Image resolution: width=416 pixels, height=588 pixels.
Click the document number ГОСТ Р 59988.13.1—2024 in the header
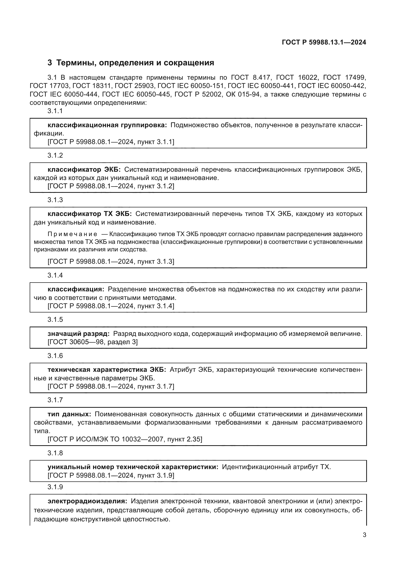[x=324, y=42]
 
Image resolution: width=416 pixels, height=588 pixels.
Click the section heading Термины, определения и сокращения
[x=135, y=63]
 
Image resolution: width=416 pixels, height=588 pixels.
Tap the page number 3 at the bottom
[x=364, y=535]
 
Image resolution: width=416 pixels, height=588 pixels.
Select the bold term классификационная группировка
[x=107, y=125]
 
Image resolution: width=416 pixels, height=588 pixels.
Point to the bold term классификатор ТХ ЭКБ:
[x=90, y=214]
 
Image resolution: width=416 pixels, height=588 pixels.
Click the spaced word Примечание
[x=72, y=234]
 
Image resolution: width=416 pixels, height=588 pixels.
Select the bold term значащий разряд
[x=78, y=334]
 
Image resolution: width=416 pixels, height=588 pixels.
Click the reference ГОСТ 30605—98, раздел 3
[x=93, y=342]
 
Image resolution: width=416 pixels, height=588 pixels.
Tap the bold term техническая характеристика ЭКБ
[x=107, y=370]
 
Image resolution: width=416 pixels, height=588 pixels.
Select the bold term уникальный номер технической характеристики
[x=133, y=467]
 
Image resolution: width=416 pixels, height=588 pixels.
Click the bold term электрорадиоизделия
[x=87, y=501]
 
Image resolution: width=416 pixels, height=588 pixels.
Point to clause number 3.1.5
[x=55, y=320]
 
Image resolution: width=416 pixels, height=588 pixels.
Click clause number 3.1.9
[x=55, y=487]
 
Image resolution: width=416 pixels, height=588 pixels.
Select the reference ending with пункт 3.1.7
[x=111, y=386]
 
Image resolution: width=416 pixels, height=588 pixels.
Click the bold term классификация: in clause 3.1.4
[x=76, y=289]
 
